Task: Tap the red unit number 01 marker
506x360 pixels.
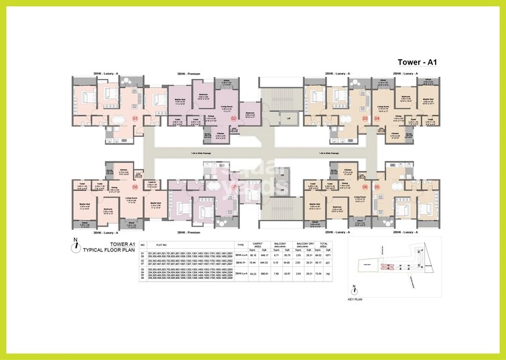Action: pyautogui.click(x=135, y=119)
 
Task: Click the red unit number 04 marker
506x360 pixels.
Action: pyautogui.click(x=377, y=119)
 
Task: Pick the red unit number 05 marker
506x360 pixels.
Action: pyautogui.click(x=377, y=187)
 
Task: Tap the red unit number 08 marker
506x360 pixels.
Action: pyautogui.click(x=135, y=187)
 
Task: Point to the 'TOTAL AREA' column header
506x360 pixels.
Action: pyautogui.click(x=323, y=245)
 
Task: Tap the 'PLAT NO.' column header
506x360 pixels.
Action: pyautogui.click(x=161, y=245)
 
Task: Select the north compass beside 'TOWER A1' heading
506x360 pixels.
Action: pyautogui.click(x=78, y=244)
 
